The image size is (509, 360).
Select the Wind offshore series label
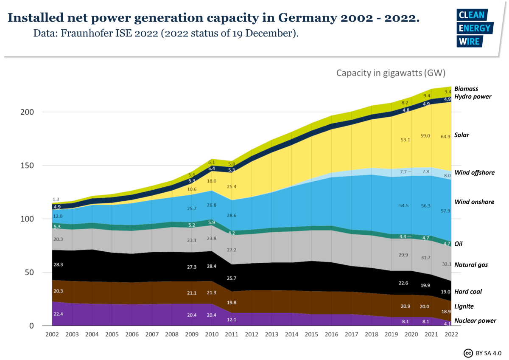pyautogui.click(x=474, y=172)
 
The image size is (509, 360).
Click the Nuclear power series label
pyautogui.click(x=475, y=321)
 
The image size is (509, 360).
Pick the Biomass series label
pyautogui.click(x=466, y=89)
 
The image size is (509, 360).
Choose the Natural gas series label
pyautogui.click(x=471, y=264)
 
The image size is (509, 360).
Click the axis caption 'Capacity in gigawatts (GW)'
pyautogui.click(x=391, y=73)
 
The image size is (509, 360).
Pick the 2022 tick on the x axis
pyautogui.click(x=450, y=335)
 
